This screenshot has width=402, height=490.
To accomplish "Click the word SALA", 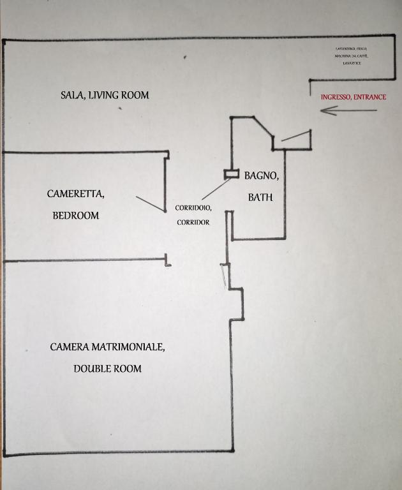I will click(x=73, y=96).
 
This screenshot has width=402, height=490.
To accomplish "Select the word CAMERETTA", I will click(x=75, y=193).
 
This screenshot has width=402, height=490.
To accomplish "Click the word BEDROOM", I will click(x=75, y=216).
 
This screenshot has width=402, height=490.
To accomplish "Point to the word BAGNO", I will click(x=262, y=175).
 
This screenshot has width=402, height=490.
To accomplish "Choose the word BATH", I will click(x=260, y=197).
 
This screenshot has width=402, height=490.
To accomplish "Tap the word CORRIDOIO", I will click(x=193, y=208).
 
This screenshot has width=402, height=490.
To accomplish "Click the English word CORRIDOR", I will click(x=193, y=223).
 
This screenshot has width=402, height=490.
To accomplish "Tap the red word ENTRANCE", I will click(x=369, y=98).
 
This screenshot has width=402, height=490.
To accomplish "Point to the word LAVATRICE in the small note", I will click(x=352, y=63).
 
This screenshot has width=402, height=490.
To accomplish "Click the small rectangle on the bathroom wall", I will click(x=230, y=174).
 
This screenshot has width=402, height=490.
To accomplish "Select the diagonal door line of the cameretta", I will click(x=151, y=203).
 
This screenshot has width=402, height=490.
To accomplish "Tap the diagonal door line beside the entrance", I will click(x=295, y=135).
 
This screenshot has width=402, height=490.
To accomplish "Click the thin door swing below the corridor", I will click(x=223, y=276).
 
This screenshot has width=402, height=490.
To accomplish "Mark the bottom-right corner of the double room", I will click(x=232, y=451).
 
